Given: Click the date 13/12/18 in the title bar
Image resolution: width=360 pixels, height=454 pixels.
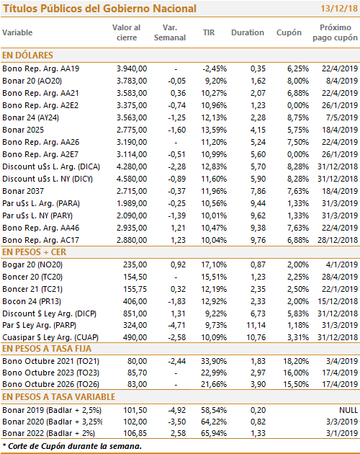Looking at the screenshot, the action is point(339,9).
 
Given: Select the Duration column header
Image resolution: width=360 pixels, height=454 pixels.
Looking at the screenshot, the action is point(248,32).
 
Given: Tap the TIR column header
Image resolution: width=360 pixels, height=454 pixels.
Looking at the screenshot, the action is point(209,32).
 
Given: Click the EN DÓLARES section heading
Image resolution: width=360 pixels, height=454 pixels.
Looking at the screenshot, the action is point(27,55).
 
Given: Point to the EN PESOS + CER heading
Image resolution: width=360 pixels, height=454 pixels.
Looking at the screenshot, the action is point(34,252).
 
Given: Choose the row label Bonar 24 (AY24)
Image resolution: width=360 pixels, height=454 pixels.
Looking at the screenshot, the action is point(30,118).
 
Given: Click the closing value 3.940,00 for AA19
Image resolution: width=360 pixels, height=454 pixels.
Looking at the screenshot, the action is point(132,68).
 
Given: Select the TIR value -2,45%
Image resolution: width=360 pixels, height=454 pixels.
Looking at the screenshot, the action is point(215,68).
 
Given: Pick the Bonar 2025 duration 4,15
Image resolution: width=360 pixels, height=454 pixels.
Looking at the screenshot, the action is point(258,130).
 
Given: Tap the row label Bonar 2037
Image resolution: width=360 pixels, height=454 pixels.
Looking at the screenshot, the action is point(23,191).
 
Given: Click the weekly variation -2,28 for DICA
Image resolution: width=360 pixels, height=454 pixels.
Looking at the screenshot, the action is point(177,166).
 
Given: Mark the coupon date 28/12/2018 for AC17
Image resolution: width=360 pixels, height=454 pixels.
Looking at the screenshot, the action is point(338,240).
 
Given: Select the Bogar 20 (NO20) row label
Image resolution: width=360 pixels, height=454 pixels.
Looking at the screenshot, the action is point(32,264).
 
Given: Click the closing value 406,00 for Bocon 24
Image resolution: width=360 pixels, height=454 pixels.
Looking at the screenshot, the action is point(135,301).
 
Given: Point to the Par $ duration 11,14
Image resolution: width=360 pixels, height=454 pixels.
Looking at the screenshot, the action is point(256,325).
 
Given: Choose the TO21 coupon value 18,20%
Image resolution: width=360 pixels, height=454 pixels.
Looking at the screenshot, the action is point(296,361).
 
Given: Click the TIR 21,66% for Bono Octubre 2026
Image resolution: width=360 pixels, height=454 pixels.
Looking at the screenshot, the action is point(214,384).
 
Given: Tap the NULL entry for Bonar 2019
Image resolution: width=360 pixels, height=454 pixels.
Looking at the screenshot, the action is point(348,410).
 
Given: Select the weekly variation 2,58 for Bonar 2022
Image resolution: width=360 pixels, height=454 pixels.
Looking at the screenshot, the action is point(178,433).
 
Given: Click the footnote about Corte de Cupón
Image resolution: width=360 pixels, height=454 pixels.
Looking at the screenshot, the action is point(72,446).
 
